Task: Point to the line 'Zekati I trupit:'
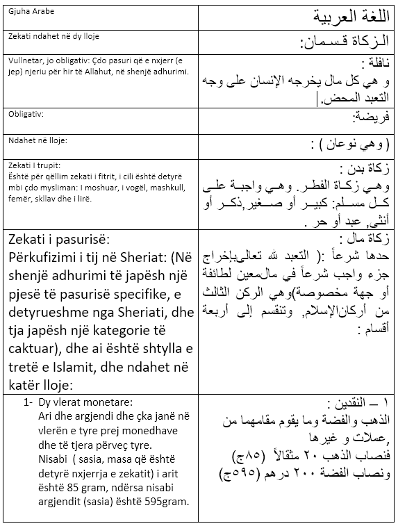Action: (35, 165)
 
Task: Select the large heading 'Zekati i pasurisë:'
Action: (58, 240)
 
